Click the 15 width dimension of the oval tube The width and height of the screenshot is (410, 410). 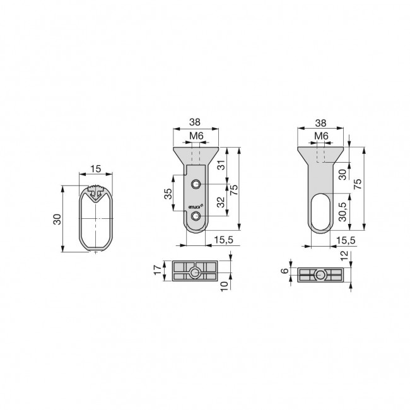pos(96,169)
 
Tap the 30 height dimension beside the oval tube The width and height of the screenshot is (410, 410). pos(57,219)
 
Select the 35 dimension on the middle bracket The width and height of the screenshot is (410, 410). pos(168,194)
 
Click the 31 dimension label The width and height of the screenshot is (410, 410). pos(222,165)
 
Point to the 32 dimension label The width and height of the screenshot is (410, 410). pos(221,202)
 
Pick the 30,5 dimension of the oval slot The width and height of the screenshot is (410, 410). pos(343,211)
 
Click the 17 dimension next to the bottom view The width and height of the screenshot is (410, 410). pos(158,270)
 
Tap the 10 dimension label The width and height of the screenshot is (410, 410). pos(225,286)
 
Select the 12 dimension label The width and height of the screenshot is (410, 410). pos(344,255)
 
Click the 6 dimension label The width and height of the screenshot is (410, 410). pos(285,271)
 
